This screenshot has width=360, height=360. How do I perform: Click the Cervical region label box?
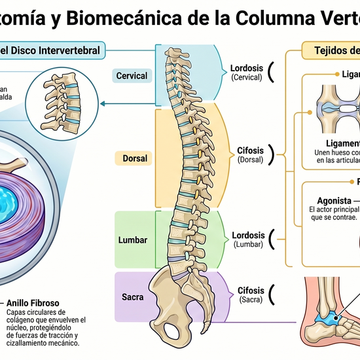pyautogui.click(x=132, y=76)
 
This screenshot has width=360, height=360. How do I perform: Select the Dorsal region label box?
pyautogui.click(x=135, y=158)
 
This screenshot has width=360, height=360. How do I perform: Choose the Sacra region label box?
pyautogui.click(x=133, y=297)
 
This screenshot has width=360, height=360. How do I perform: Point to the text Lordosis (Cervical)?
pyautogui.click(x=247, y=72)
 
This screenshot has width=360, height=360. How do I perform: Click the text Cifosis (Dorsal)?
pyautogui.click(x=250, y=154)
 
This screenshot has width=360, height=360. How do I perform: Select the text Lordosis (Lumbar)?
pyautogui.click(x=248, y=239)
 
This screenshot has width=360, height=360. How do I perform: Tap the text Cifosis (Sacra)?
pyautogui.click(x=250, y=294)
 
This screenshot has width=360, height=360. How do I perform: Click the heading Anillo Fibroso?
pyautogui.click(x=33, y=304)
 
